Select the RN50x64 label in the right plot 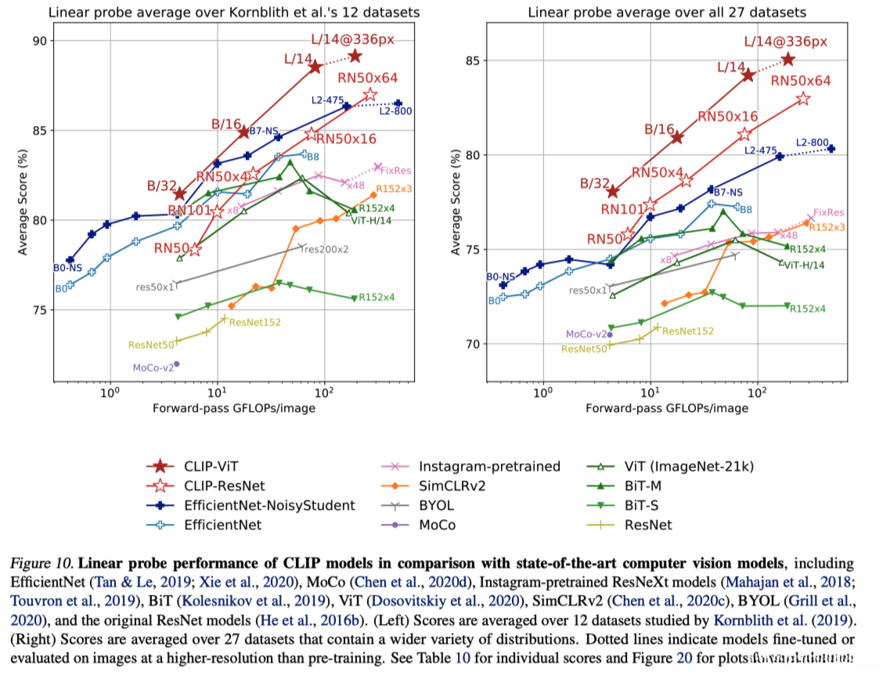[x=801, y=80]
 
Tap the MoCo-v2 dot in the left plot [x=177, y=364]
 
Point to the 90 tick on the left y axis [x=38, y=41]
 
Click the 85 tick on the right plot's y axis [x=470, y=60]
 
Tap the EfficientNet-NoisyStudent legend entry [x=254, y=506]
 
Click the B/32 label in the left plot [x=163, y=186]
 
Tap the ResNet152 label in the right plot [x=688, y=331]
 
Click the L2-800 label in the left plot [x=395, y=111]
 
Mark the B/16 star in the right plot [x=677, y=138]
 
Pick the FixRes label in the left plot [x=396, y=170]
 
